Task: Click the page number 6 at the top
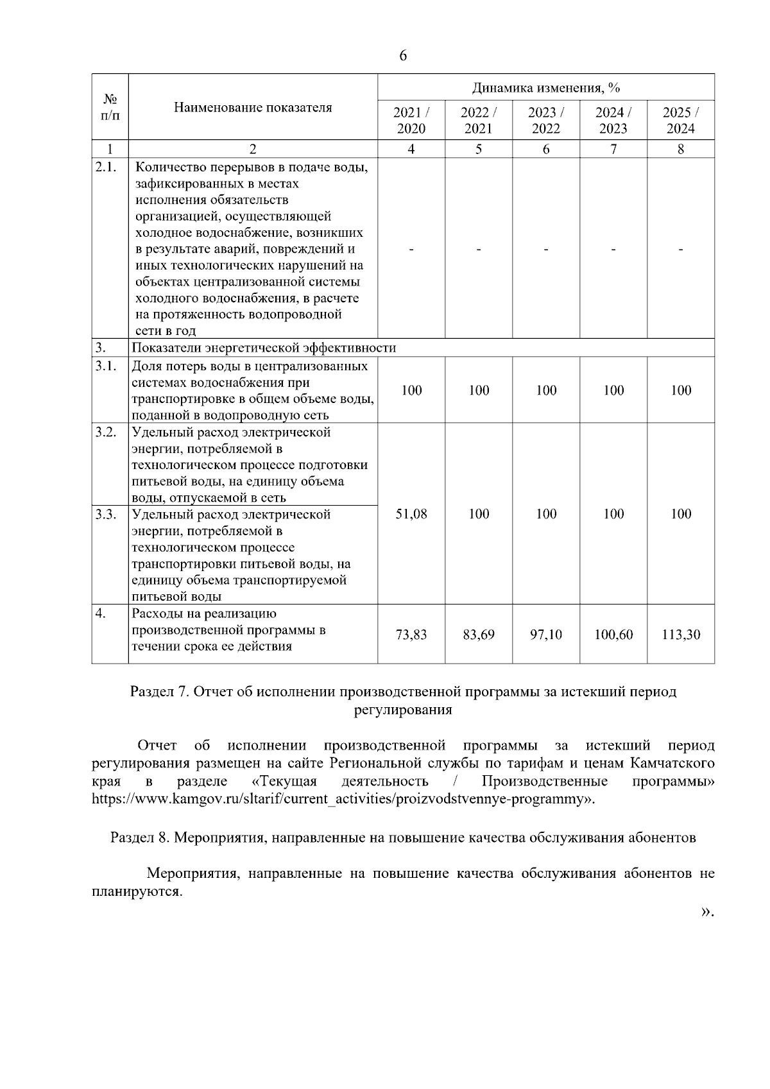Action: [x=403, y=56]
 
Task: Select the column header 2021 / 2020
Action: [x=411, y=120]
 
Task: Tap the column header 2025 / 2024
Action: [x=681, y=120]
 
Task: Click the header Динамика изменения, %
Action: [x=546, y=88]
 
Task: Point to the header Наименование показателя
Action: [x=253, y=107]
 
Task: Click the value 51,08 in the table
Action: [x=411, y=513]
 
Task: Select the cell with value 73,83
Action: [x=411, y=635]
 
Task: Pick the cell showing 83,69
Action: [x=479, y=635]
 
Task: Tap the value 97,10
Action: [x=546, y=635]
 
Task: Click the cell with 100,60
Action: [x=613, y=635]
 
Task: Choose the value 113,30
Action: [x=681, y=635]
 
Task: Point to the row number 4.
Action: [x=101, y=613]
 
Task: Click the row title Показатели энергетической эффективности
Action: [x=264, y=348]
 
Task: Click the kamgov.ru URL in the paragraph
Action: [x=343, y=800]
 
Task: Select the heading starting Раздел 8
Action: [x=403, y=837]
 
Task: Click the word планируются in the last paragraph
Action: [x=136, y=891]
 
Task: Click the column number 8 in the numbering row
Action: [x=681, y=149]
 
